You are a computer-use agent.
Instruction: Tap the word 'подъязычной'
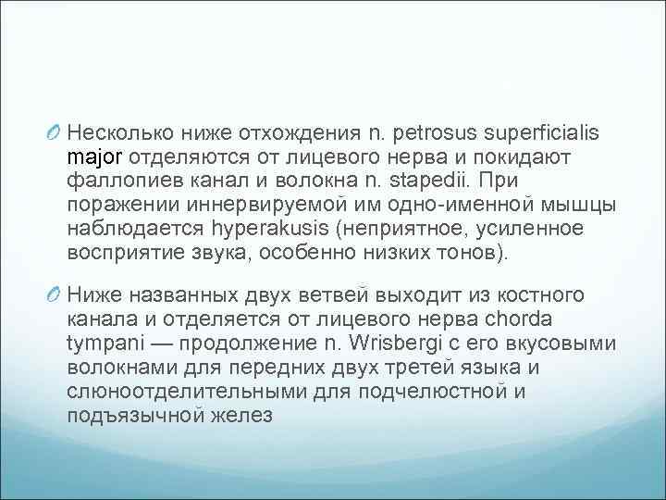[133, 415]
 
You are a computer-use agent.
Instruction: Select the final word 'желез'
[242, 415]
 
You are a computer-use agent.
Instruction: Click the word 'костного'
[552, 296]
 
